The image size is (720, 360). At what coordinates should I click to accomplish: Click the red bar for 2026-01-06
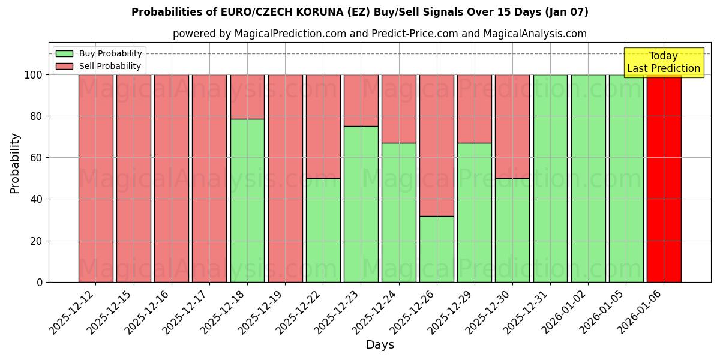664,178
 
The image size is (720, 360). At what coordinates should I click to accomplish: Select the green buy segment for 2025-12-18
247,200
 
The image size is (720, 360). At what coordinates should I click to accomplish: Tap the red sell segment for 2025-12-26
437,145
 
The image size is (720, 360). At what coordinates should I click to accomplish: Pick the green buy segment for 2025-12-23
361,204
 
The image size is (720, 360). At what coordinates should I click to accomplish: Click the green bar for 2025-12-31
550,178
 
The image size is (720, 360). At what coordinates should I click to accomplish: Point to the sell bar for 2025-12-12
96,178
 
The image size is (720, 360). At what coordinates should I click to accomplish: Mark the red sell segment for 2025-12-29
475,109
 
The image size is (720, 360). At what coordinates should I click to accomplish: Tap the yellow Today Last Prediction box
663,62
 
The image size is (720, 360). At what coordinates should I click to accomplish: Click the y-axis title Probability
15,163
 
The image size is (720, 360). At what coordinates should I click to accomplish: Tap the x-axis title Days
380,345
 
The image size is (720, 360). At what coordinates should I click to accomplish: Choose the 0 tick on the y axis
40,282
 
